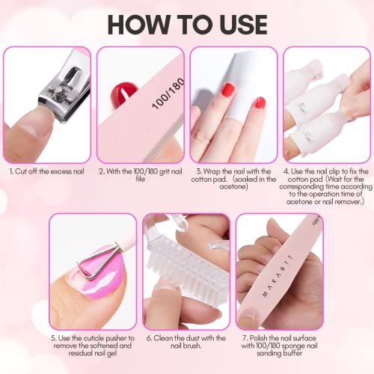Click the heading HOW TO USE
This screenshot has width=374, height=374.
[x=187, y=25]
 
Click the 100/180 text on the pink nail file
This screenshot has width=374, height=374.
[x=169, y=93]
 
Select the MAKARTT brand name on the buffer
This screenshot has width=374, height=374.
[x=278, y=275]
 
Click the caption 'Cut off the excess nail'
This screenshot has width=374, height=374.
[x=47, y=171]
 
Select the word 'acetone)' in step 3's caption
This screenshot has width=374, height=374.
[x=233, y=186]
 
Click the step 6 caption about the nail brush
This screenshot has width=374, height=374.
[x=186, y=342]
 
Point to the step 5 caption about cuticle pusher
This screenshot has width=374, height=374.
[x=93, y=346]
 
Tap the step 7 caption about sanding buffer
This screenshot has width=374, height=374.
[x=279, y=346]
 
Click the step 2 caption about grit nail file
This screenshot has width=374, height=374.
[x=141, y=175]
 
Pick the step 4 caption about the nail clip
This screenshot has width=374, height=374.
[x=326, y=186]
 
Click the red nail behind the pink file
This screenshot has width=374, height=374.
[x=123, y=94]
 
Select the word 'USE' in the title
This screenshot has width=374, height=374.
[x=244, y=25]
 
